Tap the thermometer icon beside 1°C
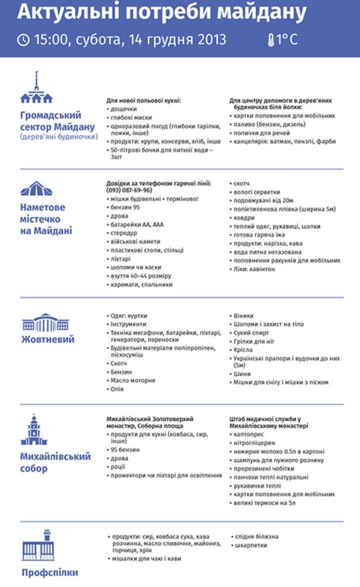271,40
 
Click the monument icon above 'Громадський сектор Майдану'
36,88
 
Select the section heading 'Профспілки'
50,572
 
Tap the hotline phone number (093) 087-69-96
129,190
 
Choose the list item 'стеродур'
123,233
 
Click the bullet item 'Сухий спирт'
251,332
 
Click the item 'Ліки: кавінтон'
255,269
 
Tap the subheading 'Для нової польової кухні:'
143,101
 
